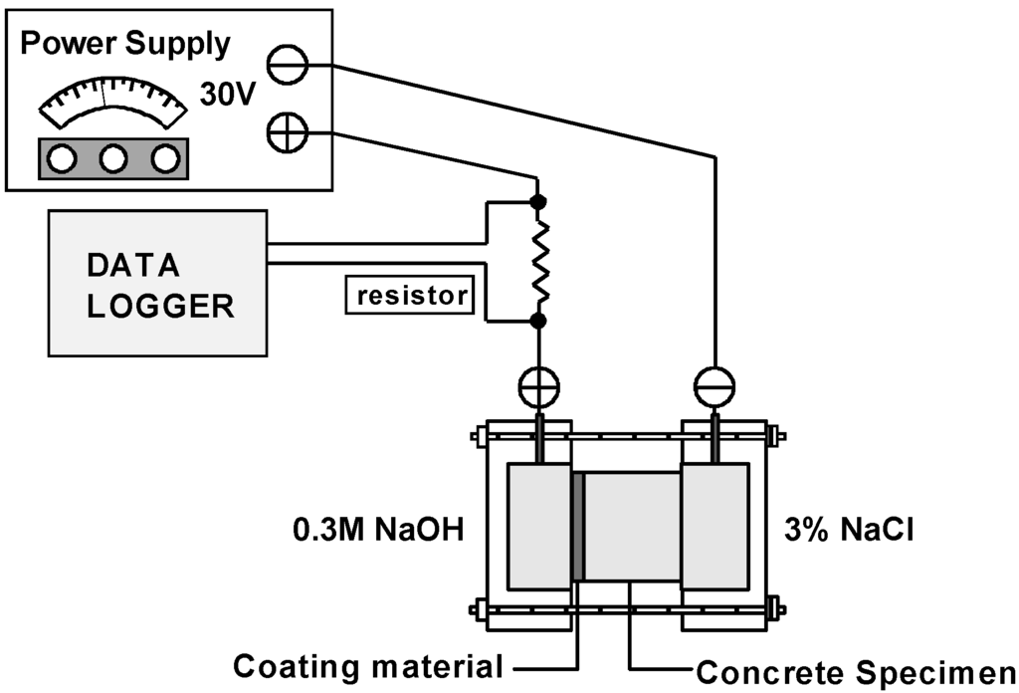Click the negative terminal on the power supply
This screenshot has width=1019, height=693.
pyautogui.click(x=288, y=66)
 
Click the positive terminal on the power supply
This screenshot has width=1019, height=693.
pyautogui.click(x=288, y=133)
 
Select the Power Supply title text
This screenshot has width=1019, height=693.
pyautogui.click(x=125, y=44)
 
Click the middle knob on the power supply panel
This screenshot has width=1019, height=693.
pyautogui.click(x=112, y=158)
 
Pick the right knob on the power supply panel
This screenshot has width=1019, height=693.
pyautogui.click(x=164, y=158)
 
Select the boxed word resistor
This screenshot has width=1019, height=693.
pyautogui.click(x=409, y=296)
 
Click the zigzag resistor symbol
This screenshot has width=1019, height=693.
pyautogui.click(x=538, y=261)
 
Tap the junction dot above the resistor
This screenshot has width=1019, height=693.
pyautogui.click(x=538, y=202)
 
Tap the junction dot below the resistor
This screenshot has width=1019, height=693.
pyautogui.click(x=538, y=321)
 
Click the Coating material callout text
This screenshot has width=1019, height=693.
pyautogui.click(x=367, y=666)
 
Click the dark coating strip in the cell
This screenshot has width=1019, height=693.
pyautogui.click(x=577, y=528)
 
